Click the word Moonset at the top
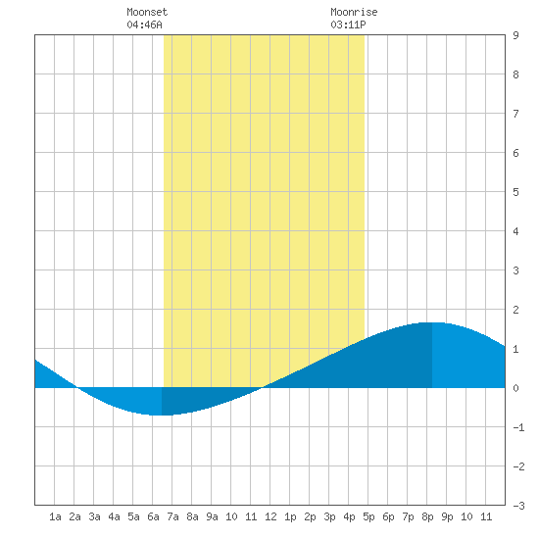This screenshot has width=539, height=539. point(147,12)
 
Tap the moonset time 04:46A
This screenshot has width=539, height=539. point(144,24)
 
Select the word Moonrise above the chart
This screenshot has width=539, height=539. point(354,12)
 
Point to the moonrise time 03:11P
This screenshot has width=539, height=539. point(348,24)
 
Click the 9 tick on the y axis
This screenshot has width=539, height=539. point(515,35)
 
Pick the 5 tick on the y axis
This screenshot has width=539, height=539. point(515,192)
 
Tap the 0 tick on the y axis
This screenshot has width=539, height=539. point(515,388)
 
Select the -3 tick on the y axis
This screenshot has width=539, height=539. point(518,506)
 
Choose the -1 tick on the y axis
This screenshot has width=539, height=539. point(518,427)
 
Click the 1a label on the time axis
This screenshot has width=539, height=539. point(55,516)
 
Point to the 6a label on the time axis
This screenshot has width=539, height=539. point(153,516)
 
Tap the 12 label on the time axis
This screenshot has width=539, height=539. point(270,516)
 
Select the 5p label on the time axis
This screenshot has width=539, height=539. point(368,516)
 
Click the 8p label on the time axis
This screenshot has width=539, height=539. point(427,516)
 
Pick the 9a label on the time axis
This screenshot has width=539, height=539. point(212,516)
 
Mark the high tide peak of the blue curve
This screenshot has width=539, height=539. point(431,322)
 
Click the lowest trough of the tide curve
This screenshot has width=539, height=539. point(158,415)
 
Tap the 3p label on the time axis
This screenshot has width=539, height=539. point(329,516)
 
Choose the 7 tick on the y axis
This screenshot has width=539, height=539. point(515,114)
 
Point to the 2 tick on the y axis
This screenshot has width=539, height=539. point(515,310)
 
